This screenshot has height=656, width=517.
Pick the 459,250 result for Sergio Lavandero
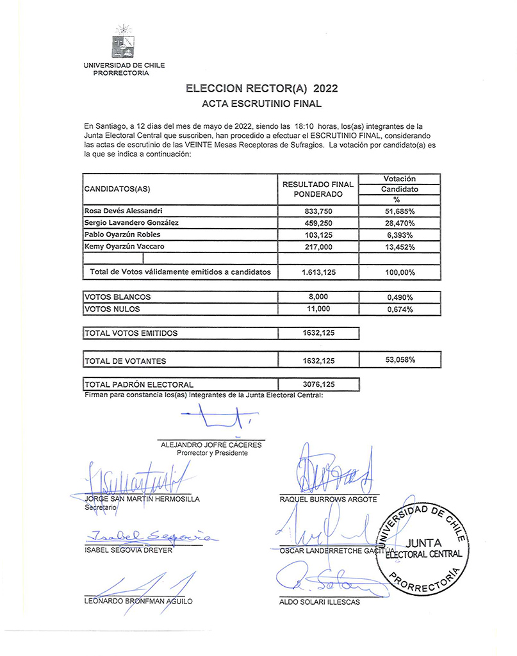(318, 223)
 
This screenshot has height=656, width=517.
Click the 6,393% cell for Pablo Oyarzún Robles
(400, 235)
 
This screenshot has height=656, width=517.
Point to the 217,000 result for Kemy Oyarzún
(318, 247)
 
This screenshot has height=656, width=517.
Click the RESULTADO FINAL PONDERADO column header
(318, 189)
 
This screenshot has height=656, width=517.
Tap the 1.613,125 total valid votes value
(318, 272)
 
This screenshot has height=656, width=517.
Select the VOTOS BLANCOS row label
(118, 297)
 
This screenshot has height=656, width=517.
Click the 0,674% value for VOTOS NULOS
(400, 309)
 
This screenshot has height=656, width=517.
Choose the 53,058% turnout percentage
(400, 360)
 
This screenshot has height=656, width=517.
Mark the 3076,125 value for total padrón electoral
(318, 384)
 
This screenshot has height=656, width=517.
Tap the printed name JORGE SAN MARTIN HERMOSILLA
(142, 498)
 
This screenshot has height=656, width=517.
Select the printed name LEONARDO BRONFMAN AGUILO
(138, 602)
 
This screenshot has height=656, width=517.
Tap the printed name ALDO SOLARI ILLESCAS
(320, 602)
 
